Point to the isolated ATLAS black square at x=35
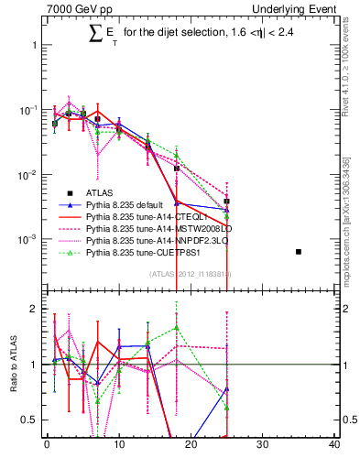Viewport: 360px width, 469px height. (x=299, y=251)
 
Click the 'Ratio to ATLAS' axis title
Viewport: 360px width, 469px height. (x=12, y=362)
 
